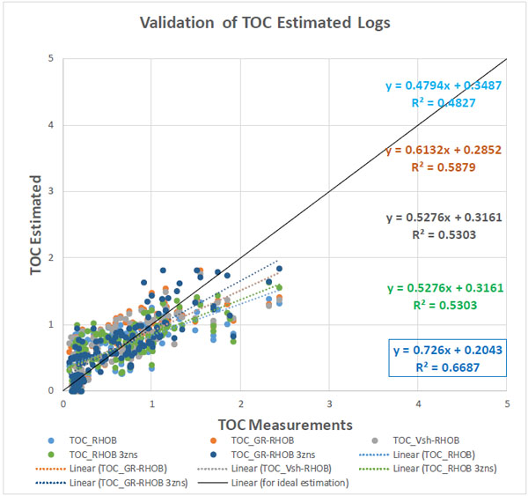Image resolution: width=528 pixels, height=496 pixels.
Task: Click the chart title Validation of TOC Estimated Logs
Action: click(263, 23)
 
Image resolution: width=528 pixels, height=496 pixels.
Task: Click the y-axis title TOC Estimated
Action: click(37, 225)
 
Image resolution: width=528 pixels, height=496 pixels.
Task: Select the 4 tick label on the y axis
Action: click(53, 125)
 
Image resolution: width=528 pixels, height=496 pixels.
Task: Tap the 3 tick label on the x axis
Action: click(330, 403)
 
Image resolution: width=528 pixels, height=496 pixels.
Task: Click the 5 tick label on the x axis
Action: click(507, 403)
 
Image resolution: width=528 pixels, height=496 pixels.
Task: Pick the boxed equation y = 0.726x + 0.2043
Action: click(446, 350)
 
